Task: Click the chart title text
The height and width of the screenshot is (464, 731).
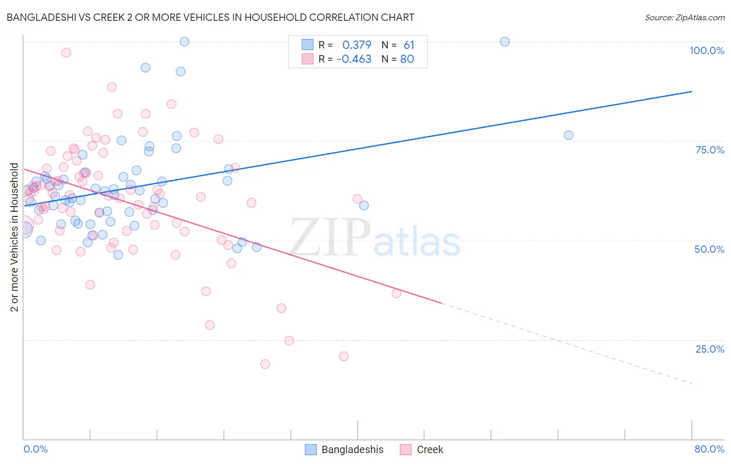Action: pos(210,17)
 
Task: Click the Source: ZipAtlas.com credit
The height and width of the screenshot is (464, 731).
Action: pos(684,17)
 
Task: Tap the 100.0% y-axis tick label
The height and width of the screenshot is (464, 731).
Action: pos(707,50)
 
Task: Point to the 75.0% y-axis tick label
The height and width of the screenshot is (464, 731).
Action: pos(710,150)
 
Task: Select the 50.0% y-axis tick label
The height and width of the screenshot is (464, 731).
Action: pos(709,249)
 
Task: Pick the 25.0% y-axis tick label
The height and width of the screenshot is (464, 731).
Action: pos(710,349)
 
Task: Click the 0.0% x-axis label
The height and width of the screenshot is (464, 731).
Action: pos(35,449)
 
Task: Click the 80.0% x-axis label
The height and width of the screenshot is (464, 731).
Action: pos(709,449)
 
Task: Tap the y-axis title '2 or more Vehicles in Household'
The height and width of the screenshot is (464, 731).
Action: pos(14,237)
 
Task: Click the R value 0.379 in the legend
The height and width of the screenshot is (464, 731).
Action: pos(357,45)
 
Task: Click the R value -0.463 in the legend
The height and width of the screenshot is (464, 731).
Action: pos(354,59)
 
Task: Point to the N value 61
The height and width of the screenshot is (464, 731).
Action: pos(409,45)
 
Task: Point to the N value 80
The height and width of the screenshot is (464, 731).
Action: pos(407,59)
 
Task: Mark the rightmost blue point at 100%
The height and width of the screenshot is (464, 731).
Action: pos(505,42)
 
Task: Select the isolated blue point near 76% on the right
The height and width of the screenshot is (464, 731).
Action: pos(568,135)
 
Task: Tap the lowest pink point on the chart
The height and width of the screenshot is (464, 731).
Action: pos(265,364)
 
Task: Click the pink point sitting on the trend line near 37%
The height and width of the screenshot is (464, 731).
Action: pos(396,293)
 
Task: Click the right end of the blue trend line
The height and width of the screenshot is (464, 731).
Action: pos(691,92)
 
